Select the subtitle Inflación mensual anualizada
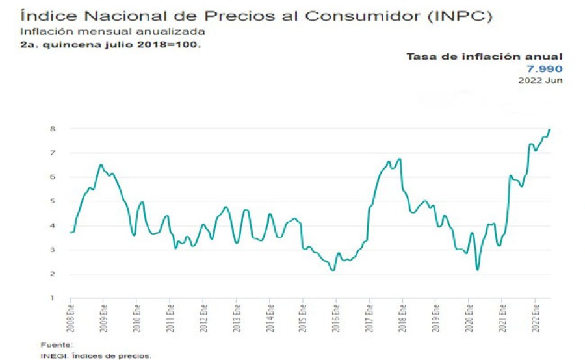point(113,31)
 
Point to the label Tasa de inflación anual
point(484,57)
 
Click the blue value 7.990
point(545,69)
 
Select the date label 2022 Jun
point(540,80)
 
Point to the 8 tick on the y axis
point(52,129)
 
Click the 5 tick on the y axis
point(52,201)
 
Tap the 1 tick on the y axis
point(52,298)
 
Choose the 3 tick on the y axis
point(52,250)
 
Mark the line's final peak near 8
point(549,129)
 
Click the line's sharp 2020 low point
point(477,269)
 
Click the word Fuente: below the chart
point(57,344)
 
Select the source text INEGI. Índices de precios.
point(95,355)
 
